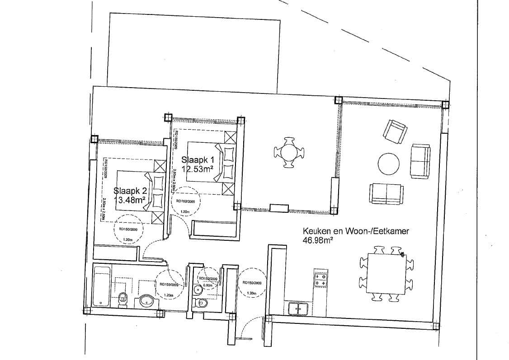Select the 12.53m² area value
click(198, 169)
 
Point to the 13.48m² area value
click(130, 200)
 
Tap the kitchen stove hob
click(320, 280)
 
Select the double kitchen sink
click(298, 309)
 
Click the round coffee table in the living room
click(388, 164)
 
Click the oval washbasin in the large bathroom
click(147, 301)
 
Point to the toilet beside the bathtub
click(122, 299)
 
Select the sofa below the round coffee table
click(386, 194)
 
